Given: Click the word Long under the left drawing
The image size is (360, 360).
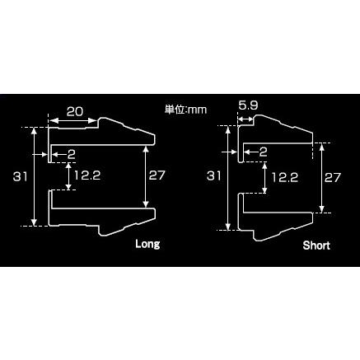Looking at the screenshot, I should pos(147,245).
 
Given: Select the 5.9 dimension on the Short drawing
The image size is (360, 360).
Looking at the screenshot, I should pos(248,106).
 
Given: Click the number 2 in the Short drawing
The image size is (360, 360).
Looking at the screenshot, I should pos(262,152).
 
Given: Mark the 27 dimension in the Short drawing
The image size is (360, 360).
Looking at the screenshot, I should pos(332,177).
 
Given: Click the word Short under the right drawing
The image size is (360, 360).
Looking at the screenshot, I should pos(316,245).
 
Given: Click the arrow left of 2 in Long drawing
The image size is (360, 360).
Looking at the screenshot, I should pos(58,153).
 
